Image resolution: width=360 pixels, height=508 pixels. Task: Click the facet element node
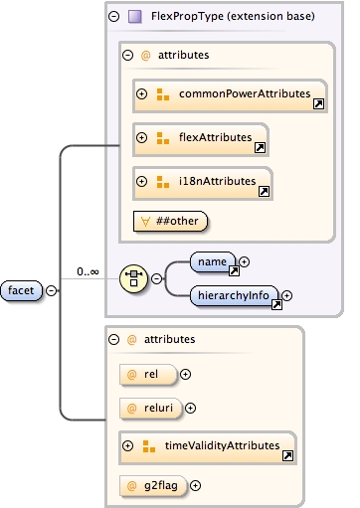coord(22,289)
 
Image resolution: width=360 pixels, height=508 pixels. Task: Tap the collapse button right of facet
coord(51,289)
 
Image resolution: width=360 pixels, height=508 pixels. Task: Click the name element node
coord(211,261)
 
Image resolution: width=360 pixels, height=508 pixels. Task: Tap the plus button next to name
coord(245,261)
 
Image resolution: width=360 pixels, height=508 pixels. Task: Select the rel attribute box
coord(145,374)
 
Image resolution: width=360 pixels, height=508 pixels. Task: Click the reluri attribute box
coord(149,407)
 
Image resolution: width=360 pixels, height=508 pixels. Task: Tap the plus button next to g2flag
coord(196,485)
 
